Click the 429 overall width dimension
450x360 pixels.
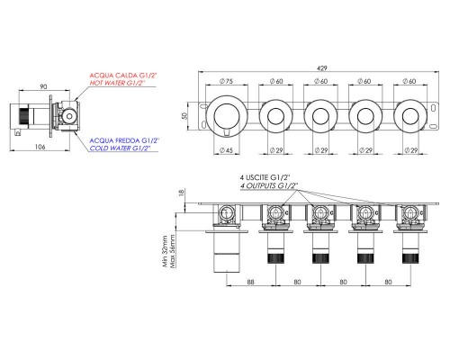tap(321, 68)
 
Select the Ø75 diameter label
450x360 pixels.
tap(226, 81)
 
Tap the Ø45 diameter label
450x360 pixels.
tap(226, 150)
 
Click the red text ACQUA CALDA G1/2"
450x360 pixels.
tap(123, 76)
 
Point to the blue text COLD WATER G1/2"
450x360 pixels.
tap(120, 148)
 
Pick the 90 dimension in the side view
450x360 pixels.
tap(43, 86)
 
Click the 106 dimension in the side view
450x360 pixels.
tap(40, 147)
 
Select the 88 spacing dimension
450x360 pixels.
tap(250, 282)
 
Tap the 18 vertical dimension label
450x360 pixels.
tap(181, 193)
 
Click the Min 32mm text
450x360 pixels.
tap(165, 251)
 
